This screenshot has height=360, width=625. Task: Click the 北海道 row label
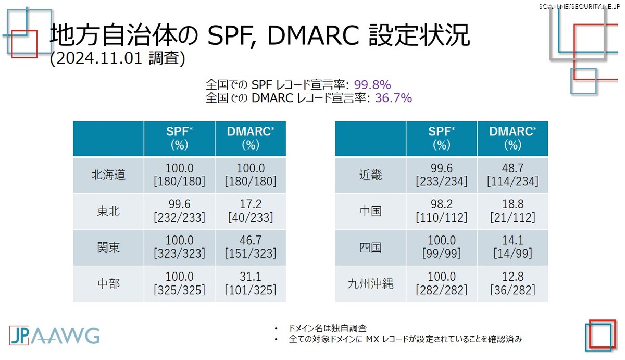tap(108, 175)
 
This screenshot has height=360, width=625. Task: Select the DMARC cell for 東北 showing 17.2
tap(251, 211)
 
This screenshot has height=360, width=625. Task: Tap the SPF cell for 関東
tap(179, 247)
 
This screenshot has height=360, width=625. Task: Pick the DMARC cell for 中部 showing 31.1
tap(251, 283)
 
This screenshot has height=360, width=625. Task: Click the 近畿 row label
tap(370, 175)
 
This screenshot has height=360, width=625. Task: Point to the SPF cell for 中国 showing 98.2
tap(442, 211)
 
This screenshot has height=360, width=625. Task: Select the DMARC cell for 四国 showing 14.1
tap(513, 247)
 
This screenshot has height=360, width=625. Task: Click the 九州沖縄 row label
tap(370, 283)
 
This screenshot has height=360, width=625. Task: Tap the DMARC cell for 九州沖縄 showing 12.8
tap(513, 283)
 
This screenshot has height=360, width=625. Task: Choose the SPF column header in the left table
tap(179, 139)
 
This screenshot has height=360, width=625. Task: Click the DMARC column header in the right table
tap(513, 139)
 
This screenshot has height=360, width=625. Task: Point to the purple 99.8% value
tap(372, 84)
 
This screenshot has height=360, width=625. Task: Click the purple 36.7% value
tap(393, 98)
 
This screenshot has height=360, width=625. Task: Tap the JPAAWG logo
tap(54, 335)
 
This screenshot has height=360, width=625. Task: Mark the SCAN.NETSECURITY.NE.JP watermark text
tap(579, 6)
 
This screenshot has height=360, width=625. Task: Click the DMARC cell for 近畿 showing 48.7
tap(513, 175)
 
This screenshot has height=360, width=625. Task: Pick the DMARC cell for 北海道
tap(251, 175)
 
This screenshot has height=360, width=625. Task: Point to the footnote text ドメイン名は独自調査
tap(327, 328)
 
